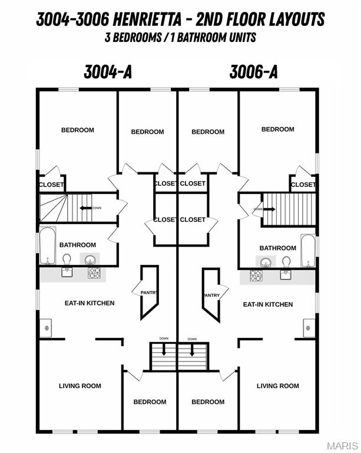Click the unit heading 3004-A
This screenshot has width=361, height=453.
(108, 72)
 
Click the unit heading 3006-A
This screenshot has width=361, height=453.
(253, 72)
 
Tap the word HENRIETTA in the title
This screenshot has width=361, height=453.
(147, 19)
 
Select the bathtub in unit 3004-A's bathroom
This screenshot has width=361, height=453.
(48, 245)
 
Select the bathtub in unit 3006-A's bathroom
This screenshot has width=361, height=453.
(308, 251)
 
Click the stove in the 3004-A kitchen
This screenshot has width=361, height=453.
(94, 273)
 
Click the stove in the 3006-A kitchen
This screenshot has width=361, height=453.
(256, 275)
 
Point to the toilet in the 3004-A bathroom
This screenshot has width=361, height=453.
(67, 259)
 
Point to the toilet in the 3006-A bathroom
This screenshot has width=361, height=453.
(286, 262)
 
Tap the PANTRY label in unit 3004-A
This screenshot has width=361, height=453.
(149, 293)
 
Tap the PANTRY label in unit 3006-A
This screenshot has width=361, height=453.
(211, 296)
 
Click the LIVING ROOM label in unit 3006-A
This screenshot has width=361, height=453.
(278, 386)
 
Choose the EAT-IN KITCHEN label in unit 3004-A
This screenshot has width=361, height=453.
(90, 303)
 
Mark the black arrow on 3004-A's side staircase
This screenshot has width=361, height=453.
(85, 208)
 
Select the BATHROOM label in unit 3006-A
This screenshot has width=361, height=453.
(278, 248)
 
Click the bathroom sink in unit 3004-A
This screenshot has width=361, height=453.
(90, 260)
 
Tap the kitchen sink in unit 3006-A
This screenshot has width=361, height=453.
(286, 274)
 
